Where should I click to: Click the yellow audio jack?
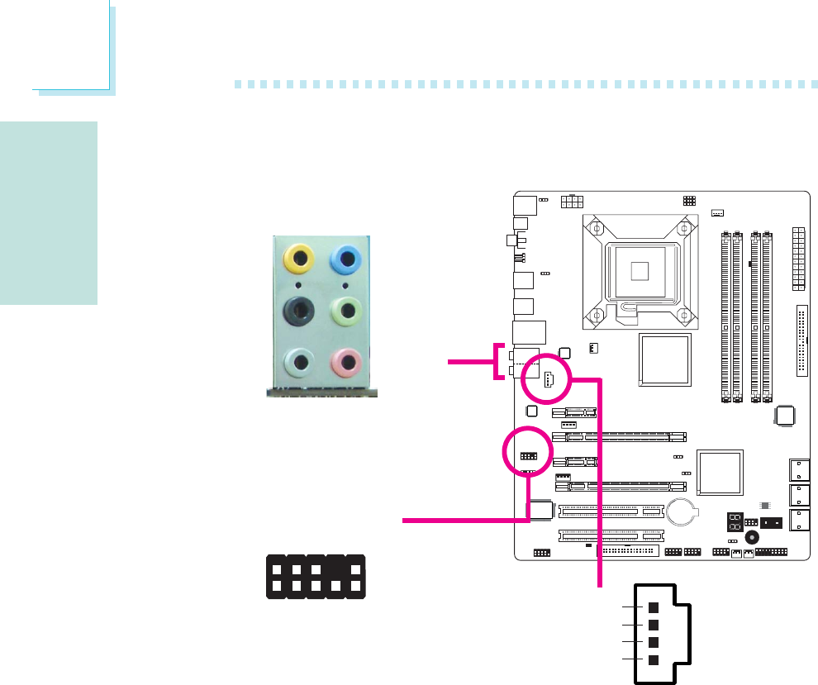(297, 259)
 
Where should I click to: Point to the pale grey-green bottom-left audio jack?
(297, 363)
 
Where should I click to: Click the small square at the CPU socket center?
(635, 269)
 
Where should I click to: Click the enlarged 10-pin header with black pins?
(315, 577)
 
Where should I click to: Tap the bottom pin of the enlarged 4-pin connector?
(654, 659)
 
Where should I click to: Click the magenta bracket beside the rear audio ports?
(498, 360)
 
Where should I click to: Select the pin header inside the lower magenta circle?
(528, 456)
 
